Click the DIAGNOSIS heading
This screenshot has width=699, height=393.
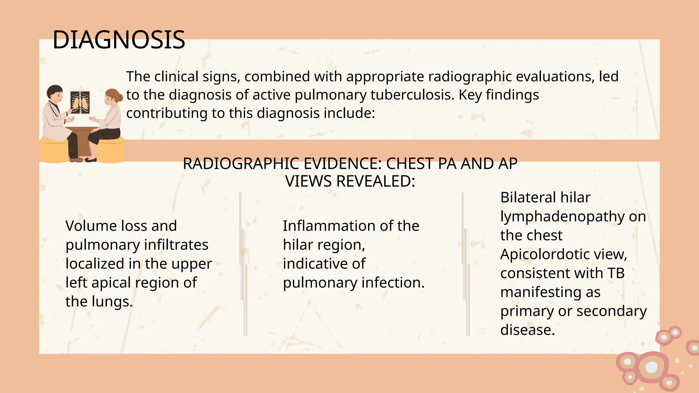coord(119,40)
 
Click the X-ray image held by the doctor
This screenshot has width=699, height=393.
coord(80,102)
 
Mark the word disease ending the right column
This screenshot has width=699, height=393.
coord(527,330)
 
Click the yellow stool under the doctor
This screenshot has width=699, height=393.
coord(54,150)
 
